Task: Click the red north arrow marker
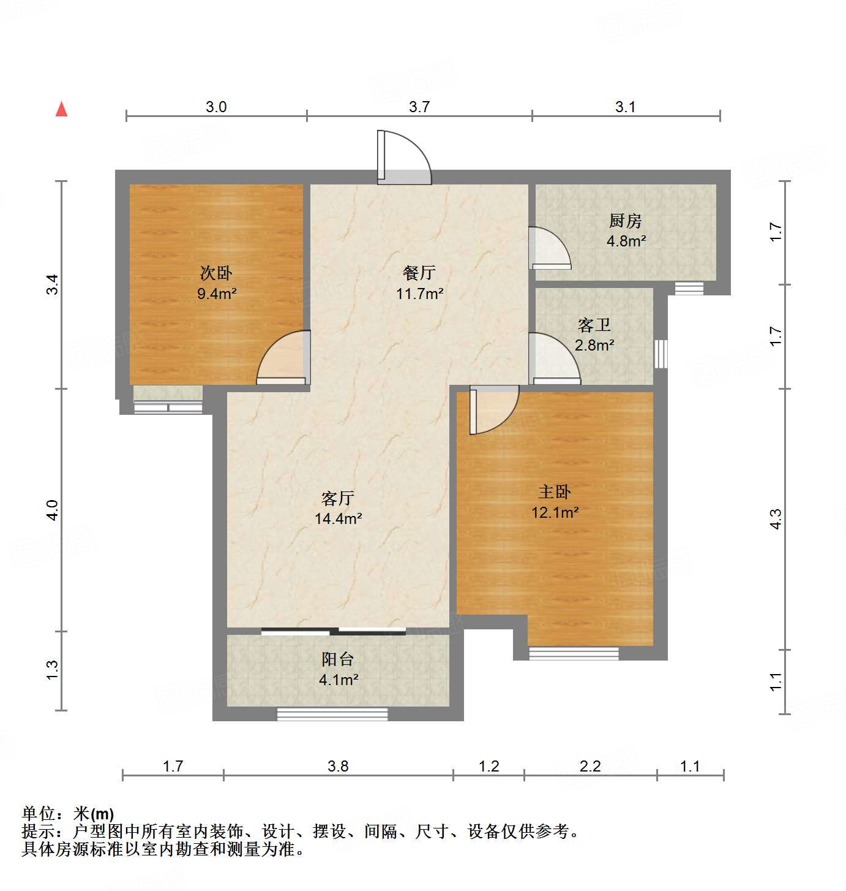(x=61, y=109)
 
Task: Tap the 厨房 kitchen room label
(x=625, y=221)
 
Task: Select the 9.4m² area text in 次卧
(x=217, y=294)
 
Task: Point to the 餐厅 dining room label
(x=419, y=273)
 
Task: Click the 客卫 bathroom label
(x=594, y=325)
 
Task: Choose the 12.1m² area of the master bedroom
(x=555, y=512)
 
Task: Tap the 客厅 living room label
(x=338, y=498)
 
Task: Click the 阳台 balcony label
(x=338, y=659)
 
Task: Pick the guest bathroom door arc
(x=553, y=359)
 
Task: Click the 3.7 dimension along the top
(x=419, y=107)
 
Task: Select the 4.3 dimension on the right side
(x=776, y=520)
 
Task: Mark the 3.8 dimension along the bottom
(x=338, y=766)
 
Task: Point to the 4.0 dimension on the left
(x=53, y=510)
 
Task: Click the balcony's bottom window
(x=332, y=714)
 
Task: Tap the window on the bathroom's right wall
(x=661, y=354)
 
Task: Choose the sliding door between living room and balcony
(x=334, y=631)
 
